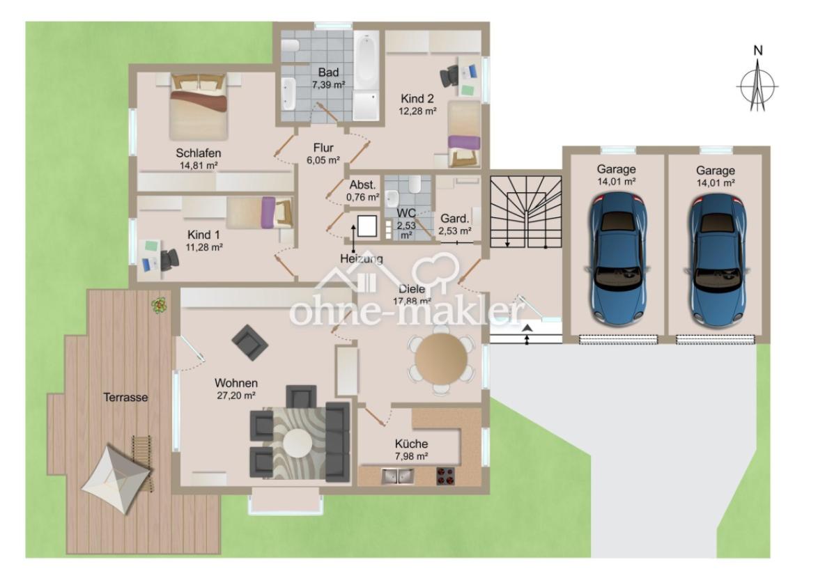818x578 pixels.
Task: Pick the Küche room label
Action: tap(411, 444)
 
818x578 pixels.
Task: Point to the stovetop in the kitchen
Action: tap(445, 476)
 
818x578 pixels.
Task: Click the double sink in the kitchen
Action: tap(397, 476)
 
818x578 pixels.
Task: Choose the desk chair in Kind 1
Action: tap(169, 260)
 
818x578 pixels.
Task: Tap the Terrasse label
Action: tap(126, 397)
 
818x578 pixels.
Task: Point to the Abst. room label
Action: tap(363, 185)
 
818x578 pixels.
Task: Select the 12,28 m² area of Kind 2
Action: tap(418, 111)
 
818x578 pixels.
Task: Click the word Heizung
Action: tap(361, 259)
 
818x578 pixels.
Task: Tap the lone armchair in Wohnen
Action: tap(249, 341)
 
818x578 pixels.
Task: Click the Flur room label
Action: tap(323, 148)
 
